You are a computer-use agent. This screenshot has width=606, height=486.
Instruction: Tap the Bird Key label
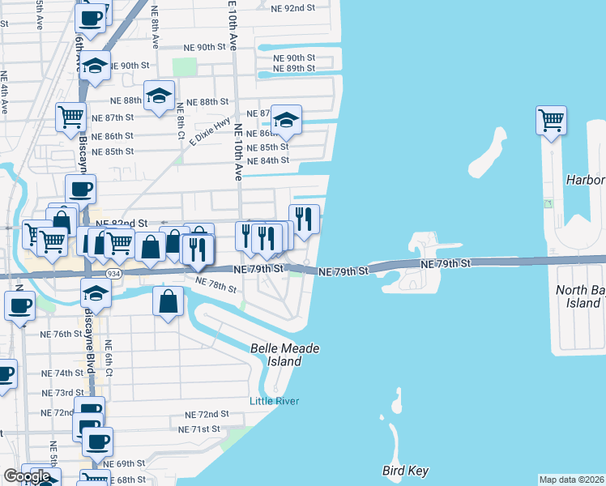point(405,471)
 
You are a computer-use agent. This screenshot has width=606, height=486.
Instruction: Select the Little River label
point(275,401)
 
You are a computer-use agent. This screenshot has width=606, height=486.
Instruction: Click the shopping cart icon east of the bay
point(551,120)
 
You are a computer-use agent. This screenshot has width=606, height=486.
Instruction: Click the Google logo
point(27,476)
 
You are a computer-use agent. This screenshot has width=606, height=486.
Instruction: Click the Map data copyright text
point(572,480)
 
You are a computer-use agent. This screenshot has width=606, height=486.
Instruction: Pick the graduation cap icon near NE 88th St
point(160,95)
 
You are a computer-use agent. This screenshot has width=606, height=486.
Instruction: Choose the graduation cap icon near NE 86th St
point(285,120)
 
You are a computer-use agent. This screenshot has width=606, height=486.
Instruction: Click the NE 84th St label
point(268,160)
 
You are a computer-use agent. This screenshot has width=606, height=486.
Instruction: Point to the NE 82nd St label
point(122,223)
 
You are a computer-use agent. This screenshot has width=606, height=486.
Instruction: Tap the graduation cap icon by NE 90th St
point(95,66)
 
